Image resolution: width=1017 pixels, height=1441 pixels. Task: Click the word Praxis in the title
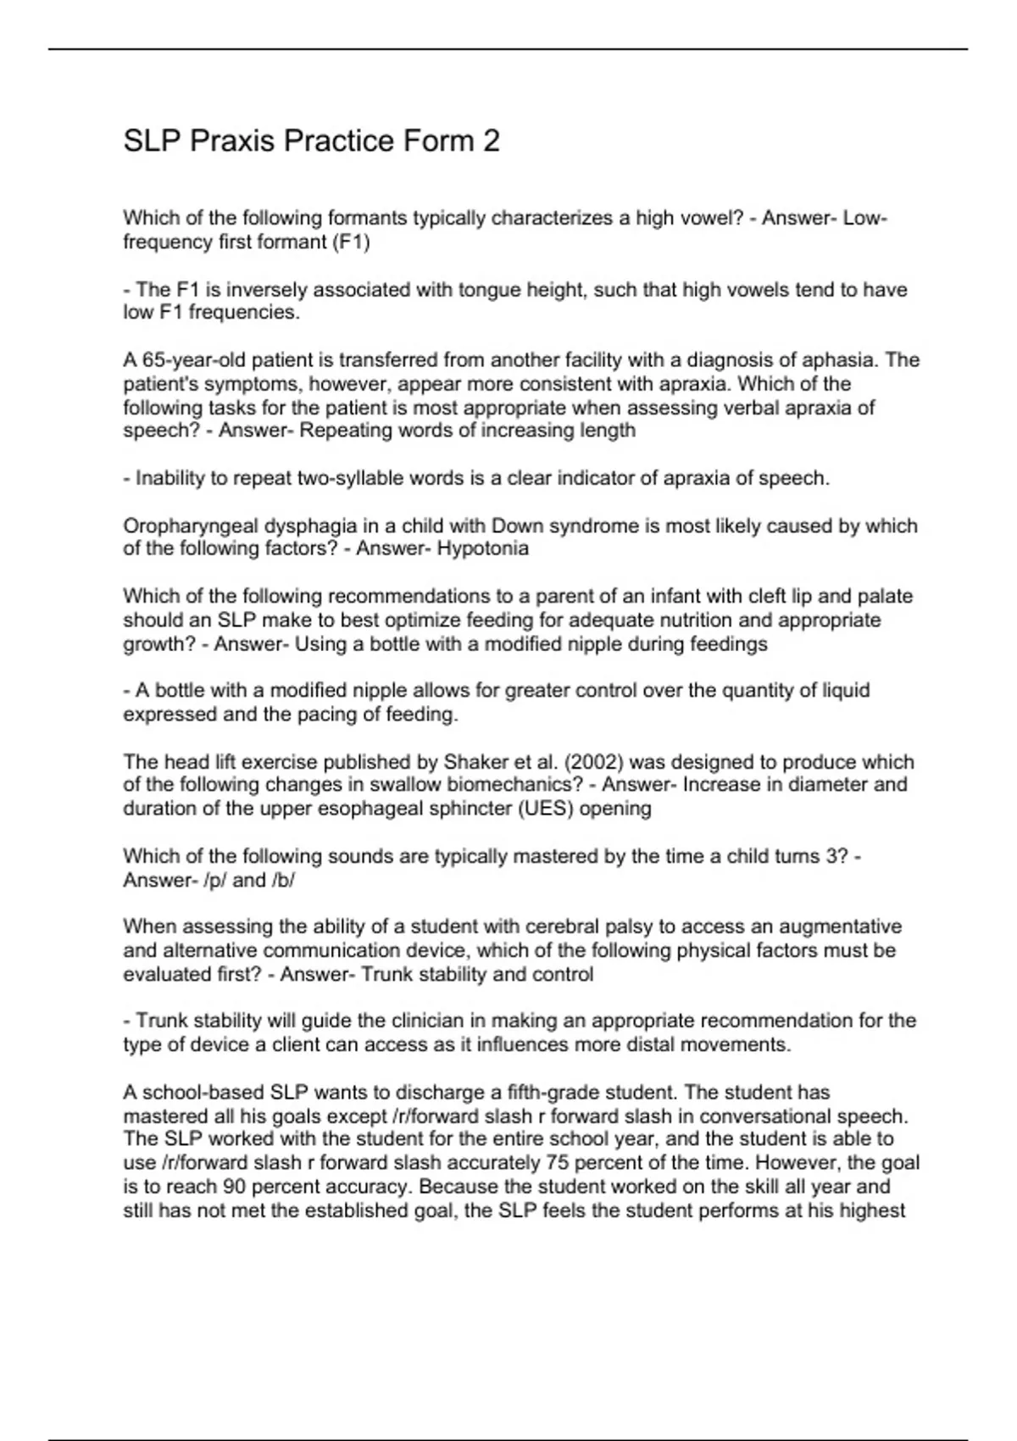coord(232,141)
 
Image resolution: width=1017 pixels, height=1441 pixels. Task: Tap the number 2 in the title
coord(492,141)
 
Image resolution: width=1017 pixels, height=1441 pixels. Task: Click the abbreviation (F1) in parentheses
coord(351,242)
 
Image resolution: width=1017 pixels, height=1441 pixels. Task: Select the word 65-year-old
coord(182,360)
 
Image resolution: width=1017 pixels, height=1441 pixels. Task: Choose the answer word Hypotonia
coord(483,549)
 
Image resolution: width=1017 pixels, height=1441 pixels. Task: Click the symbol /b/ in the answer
coord(283,881)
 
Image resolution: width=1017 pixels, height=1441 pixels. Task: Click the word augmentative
coord(840,927)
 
